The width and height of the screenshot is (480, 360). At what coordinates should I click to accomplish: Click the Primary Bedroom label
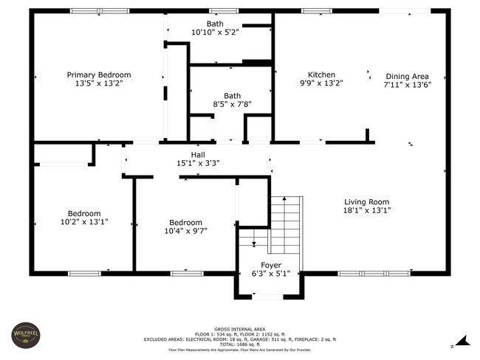click(x=99, y=75)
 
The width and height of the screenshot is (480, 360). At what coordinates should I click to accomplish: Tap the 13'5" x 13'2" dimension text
click(x=99, y=83)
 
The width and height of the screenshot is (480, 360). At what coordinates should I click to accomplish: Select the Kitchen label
click(x=321, y=75)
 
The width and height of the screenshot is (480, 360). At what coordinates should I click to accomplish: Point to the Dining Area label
click(x=407, y=77)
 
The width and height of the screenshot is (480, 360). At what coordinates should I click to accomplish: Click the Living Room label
click(x=367, y=202)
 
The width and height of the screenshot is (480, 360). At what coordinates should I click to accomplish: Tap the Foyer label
click(x=271, y=265)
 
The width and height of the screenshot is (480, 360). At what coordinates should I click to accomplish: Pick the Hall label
click(x=198, y=155)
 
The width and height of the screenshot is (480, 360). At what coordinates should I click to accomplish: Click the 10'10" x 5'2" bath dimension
click(x=215, y=32)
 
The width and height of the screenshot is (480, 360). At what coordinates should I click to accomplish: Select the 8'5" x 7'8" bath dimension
click(x=232, y=104)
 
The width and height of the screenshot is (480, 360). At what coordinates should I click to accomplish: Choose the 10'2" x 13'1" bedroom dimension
click(x=84, y=222)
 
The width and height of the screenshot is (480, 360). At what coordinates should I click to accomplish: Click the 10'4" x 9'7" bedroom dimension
click(x=186, y=231)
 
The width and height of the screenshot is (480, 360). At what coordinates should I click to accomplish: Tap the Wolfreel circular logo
click(x=26, y=335)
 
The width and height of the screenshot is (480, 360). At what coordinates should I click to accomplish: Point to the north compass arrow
click(x=463, y=341)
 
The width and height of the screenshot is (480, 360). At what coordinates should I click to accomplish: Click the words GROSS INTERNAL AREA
click(x=240, y=330)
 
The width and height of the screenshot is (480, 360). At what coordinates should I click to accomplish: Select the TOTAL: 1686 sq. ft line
click(x=240, y=345)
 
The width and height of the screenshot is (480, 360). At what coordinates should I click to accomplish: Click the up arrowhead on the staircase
click(x=284, y=198)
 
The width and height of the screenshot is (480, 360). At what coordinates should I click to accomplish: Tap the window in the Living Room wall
click(x=374, y=274)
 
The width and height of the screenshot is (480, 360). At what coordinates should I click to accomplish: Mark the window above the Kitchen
click(x=317, y=11)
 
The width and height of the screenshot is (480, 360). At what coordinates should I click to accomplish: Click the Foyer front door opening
click(x=267, y=297)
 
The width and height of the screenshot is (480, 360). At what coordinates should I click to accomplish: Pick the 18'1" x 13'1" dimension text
click(x=367, y=210)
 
